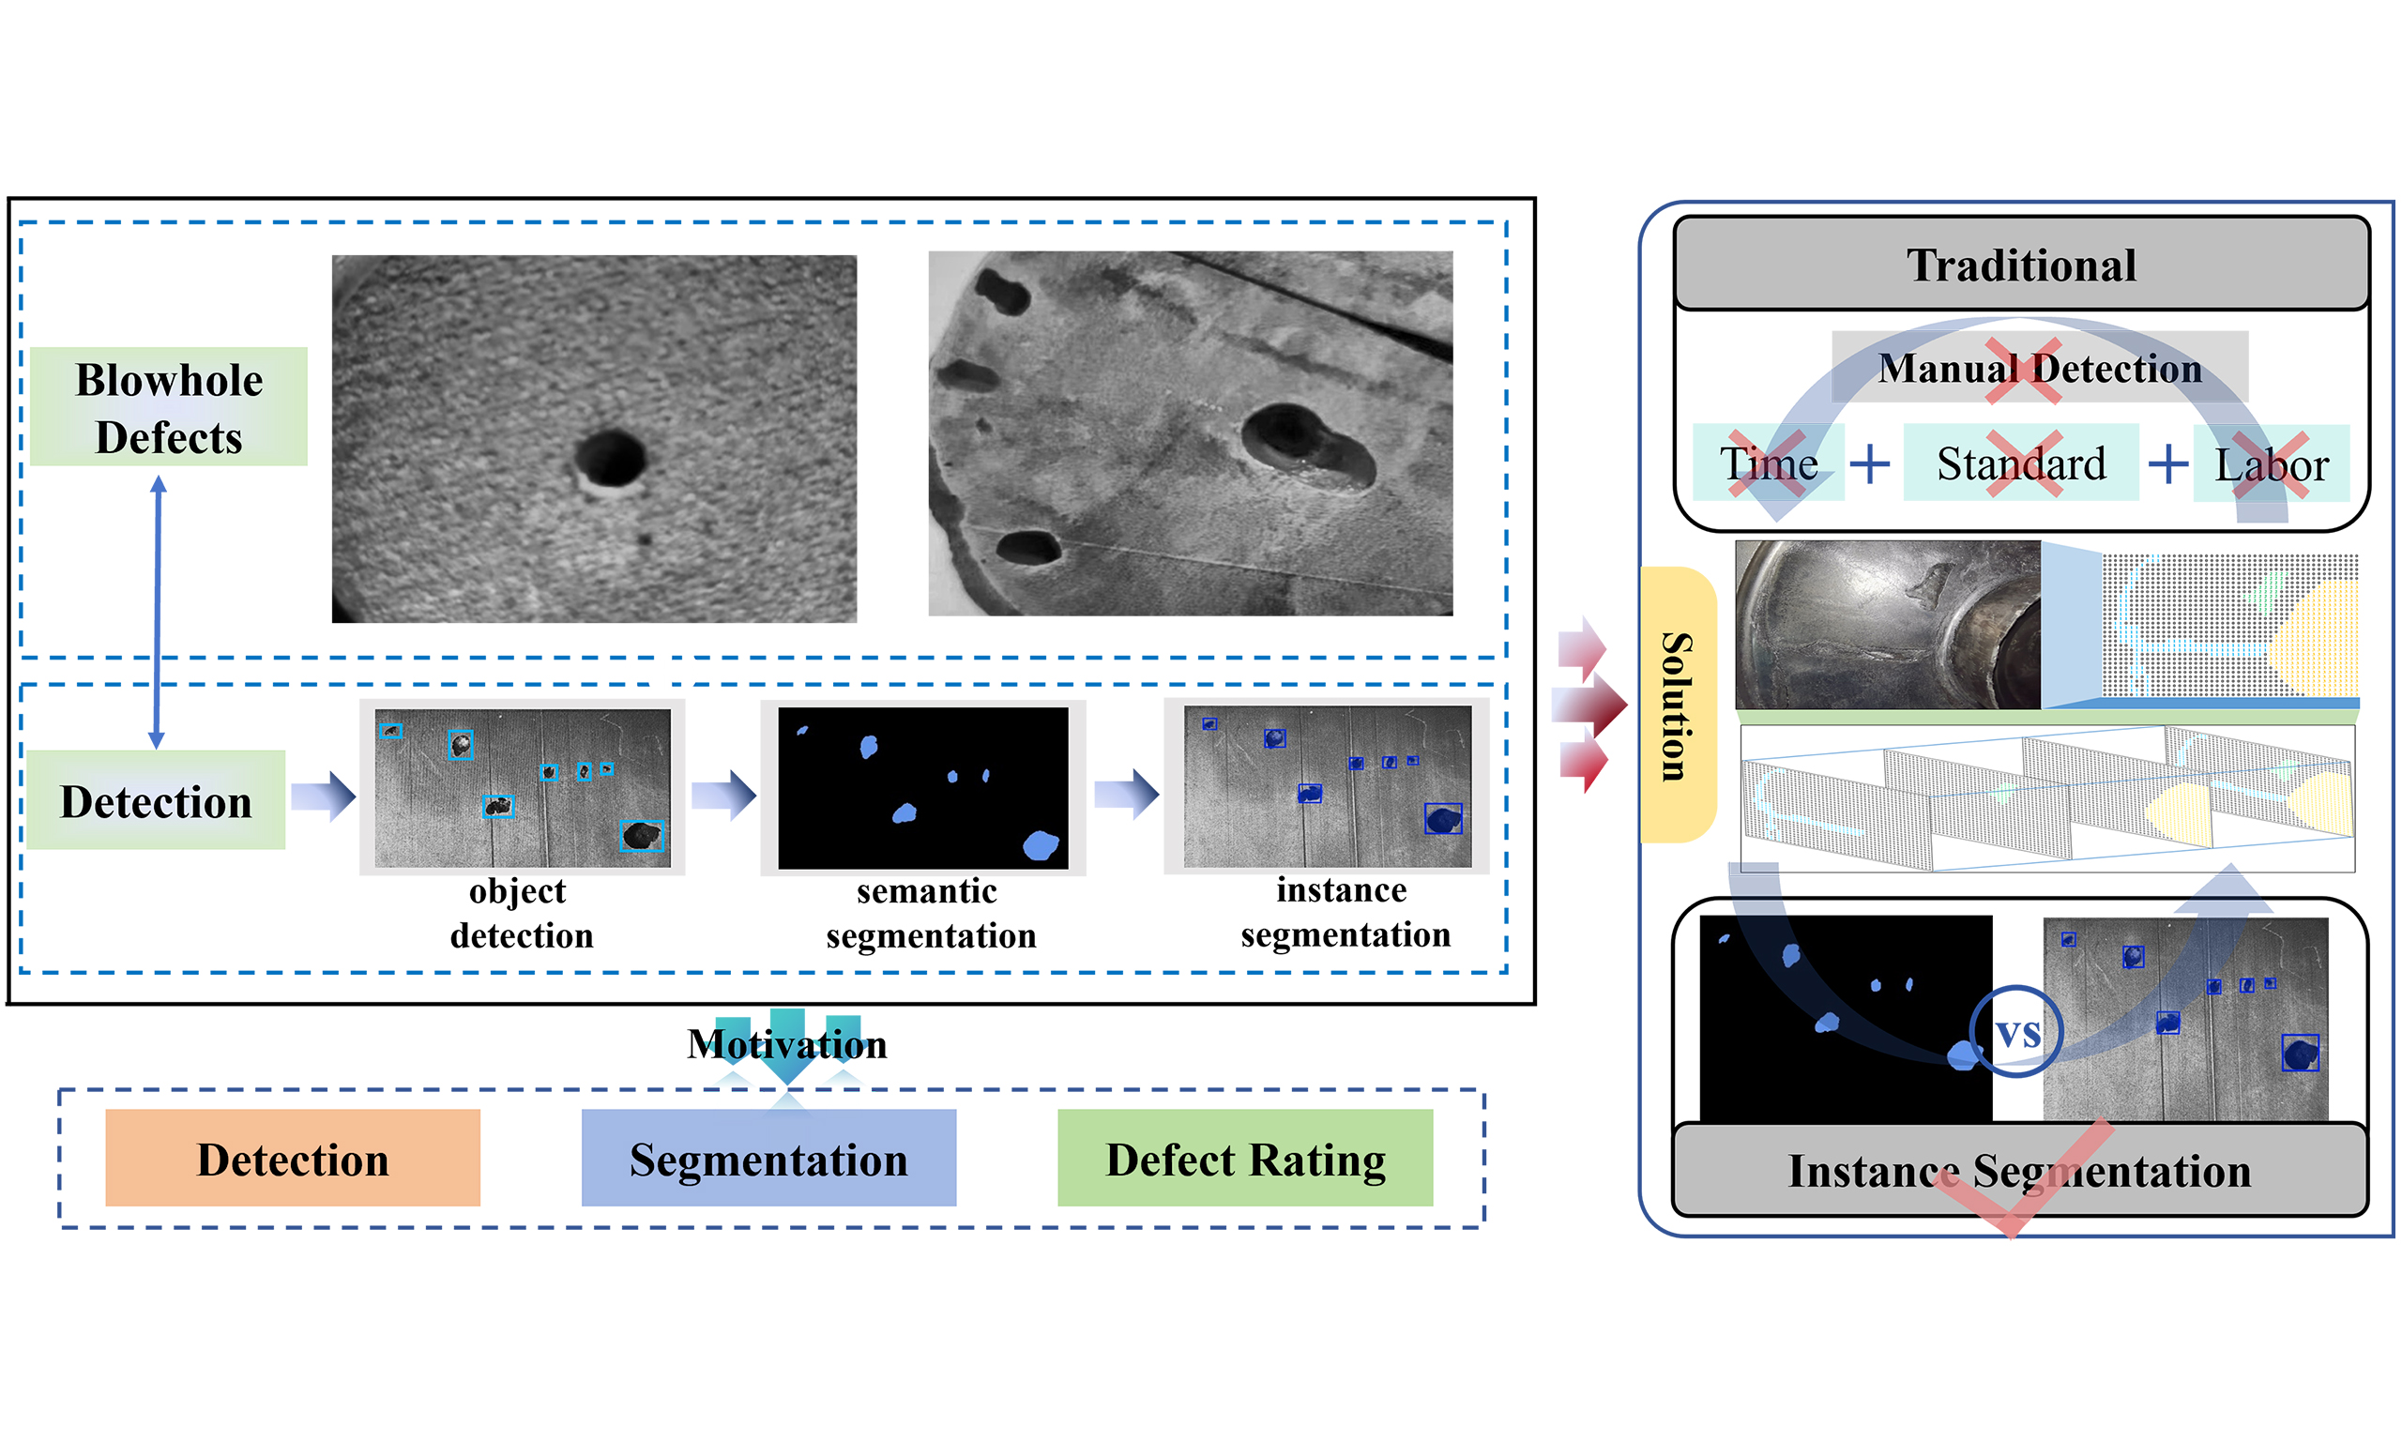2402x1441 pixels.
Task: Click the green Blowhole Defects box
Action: pos(168,407)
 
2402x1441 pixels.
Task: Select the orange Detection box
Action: pos(292,1159)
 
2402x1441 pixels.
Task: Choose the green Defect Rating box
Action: pos(1245,1159)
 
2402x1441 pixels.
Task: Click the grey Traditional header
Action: pos(2020,265)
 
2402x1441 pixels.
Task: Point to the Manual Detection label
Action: pos(2039,368)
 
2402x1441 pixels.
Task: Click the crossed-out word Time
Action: pos(1768,463)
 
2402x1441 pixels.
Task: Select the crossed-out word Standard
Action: pos(2020,463)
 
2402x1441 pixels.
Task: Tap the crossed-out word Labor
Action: pos(2271,464)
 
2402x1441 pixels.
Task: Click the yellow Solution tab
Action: pos(1677,705)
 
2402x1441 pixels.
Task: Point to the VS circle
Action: pos(2016,1033)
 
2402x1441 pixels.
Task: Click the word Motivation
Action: pos(786,1045)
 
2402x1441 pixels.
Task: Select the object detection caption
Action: pos(522,913)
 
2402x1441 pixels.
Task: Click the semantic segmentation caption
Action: pos(930,913)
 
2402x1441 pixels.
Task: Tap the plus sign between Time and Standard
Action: pos(1870,464)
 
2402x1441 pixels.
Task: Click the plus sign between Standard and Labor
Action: pos(2168,464)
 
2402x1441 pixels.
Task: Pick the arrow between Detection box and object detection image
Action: pos(324,796)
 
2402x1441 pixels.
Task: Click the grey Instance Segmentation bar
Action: pos(2019,1170)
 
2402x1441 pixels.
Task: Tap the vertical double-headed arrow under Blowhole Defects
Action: pos(158,612)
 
